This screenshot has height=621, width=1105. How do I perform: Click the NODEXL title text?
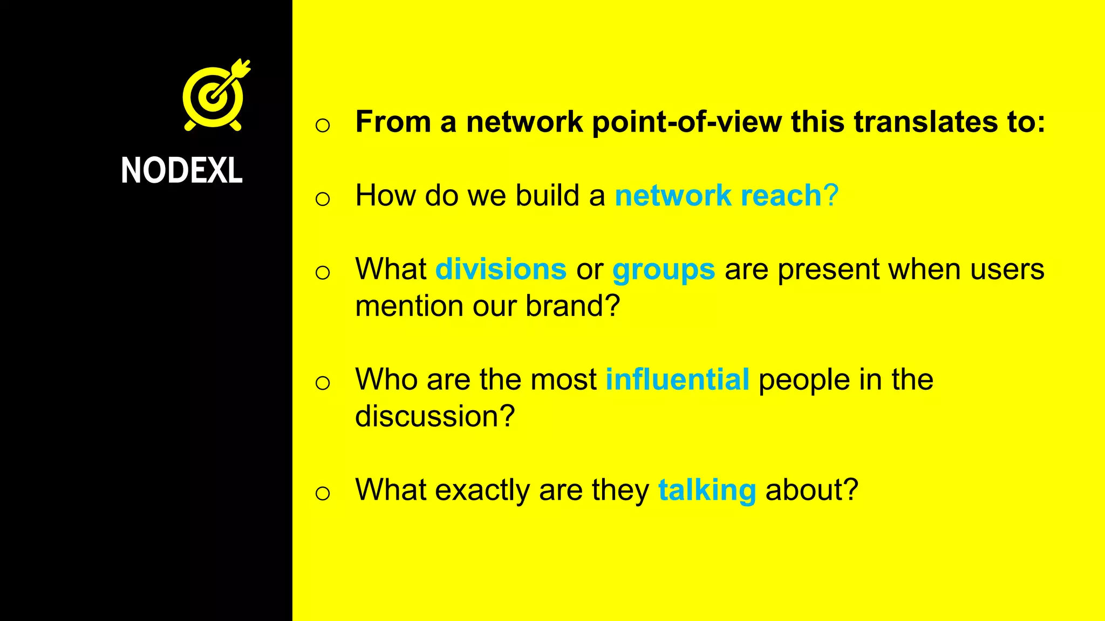(182, 170)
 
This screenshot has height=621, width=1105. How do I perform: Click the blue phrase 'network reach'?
(718, 195)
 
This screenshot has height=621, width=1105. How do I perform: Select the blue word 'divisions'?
(501, 269)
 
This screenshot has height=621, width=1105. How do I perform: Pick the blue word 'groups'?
(664, 270)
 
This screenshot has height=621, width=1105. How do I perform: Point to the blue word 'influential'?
(677, 379)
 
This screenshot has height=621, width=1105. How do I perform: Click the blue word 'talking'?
(707, 490)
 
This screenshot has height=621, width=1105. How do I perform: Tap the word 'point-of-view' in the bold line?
(686, 122)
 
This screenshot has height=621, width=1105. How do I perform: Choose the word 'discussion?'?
(435, 417)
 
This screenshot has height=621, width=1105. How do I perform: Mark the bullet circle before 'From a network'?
(323, 126)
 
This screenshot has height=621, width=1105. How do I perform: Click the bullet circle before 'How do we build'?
(323, 199)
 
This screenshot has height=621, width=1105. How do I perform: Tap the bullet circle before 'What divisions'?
(323, 273)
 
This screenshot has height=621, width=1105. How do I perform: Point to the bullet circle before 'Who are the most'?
(323, 383)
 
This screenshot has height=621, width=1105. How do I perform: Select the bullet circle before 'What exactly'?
(323, 493)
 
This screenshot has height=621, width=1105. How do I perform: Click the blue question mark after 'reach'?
(831, 195)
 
